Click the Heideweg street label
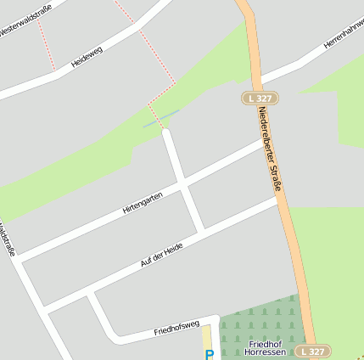87,56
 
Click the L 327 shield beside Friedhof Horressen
313,351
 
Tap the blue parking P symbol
210,354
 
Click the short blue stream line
161,118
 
